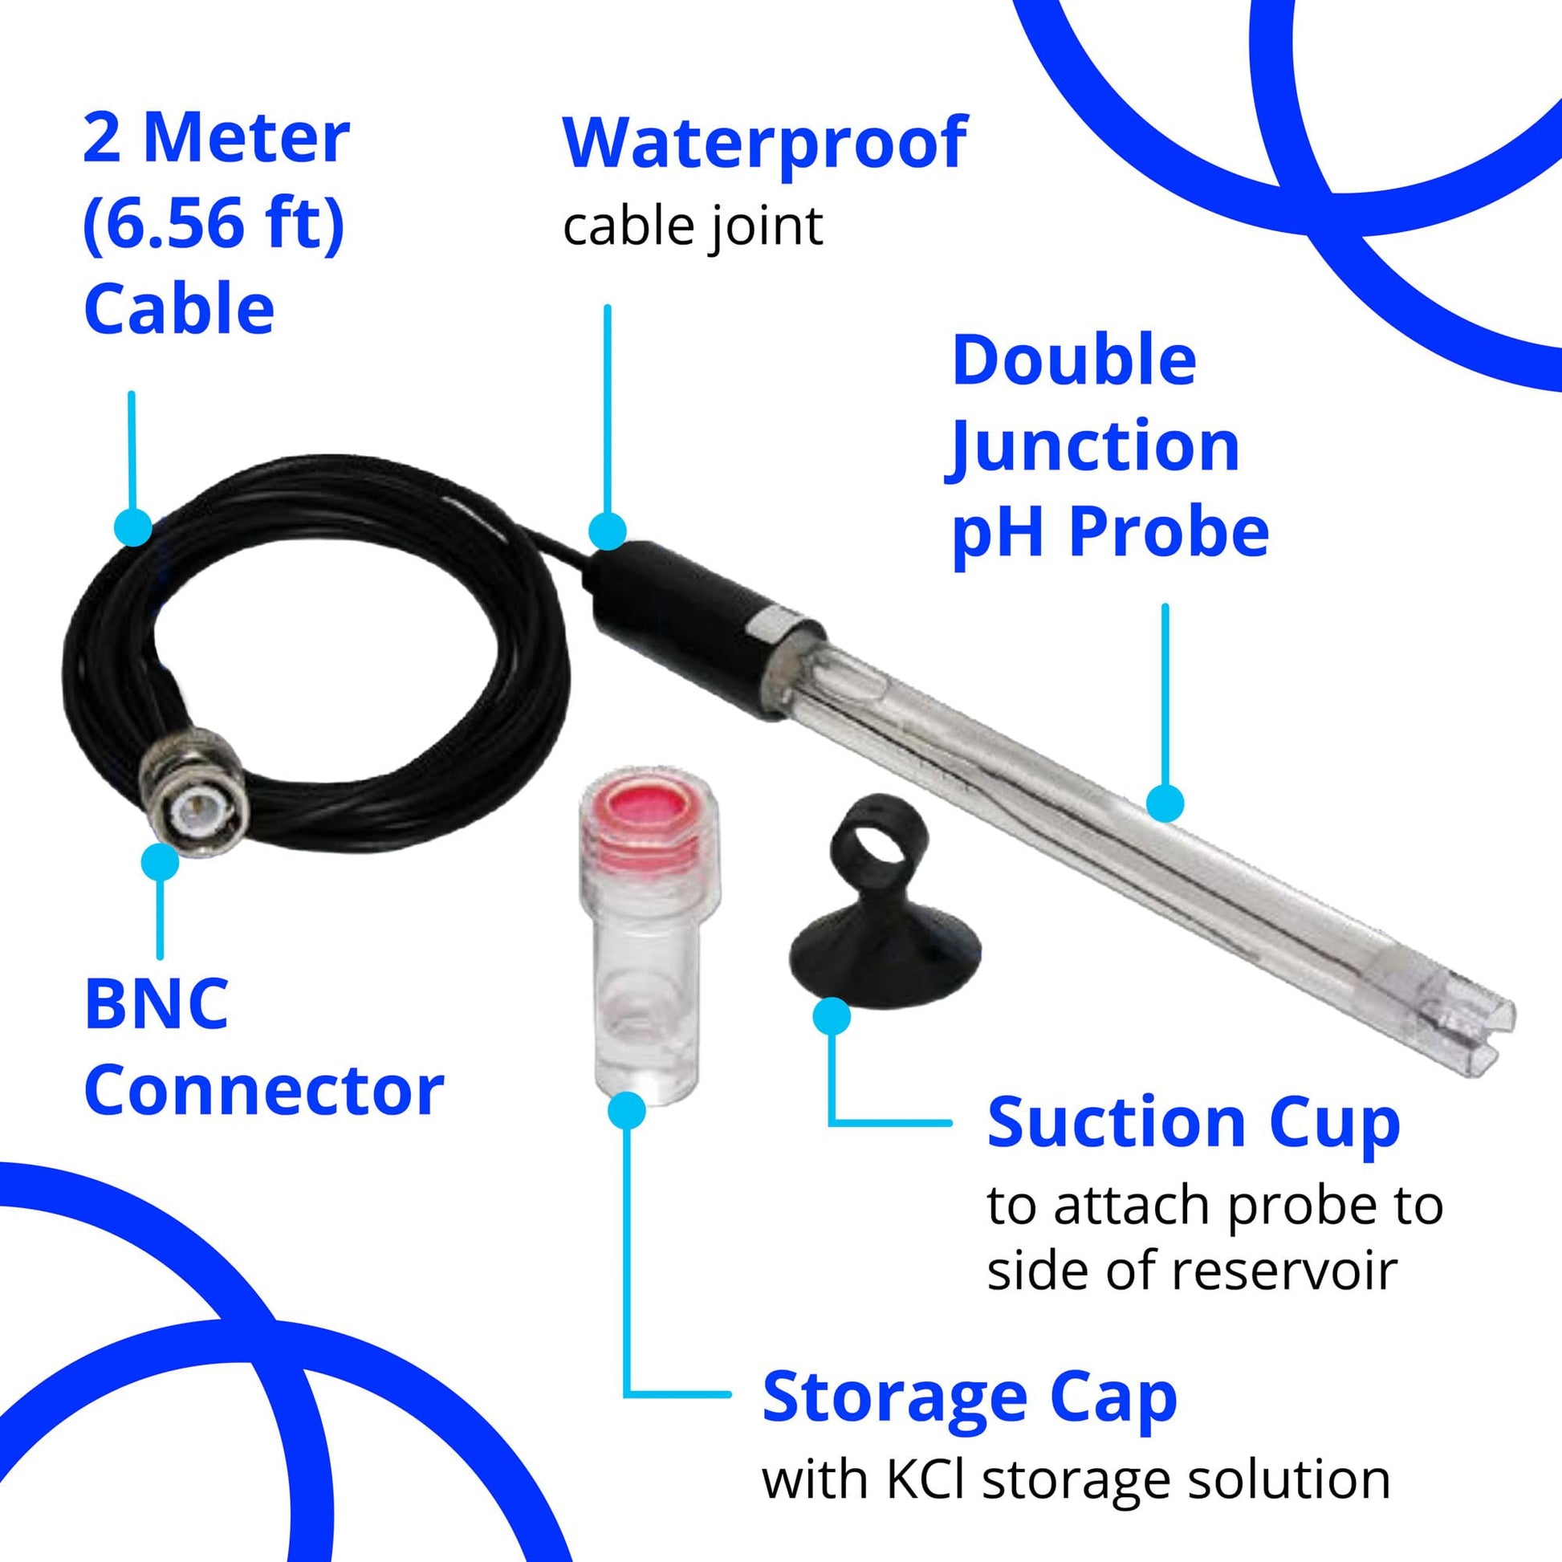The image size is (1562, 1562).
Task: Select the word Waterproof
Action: point(765,144)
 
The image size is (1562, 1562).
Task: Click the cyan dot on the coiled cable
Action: point(133,527)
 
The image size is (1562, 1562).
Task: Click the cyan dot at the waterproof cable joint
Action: point(607,531)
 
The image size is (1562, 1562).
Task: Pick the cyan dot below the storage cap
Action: point(627,1109)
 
